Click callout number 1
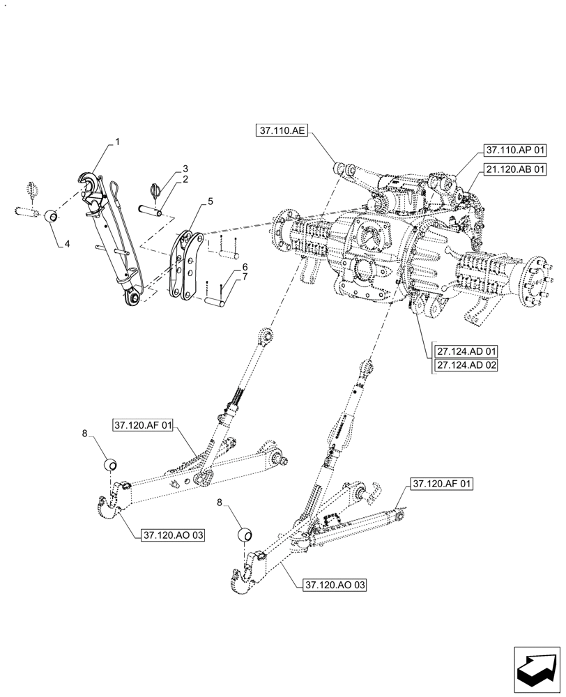[118, 141]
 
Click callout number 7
[245, 278]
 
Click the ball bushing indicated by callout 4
[51, 216]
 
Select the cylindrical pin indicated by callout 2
[151, 209]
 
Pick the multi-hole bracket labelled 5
[186, 265]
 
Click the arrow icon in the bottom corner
[537, 670]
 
